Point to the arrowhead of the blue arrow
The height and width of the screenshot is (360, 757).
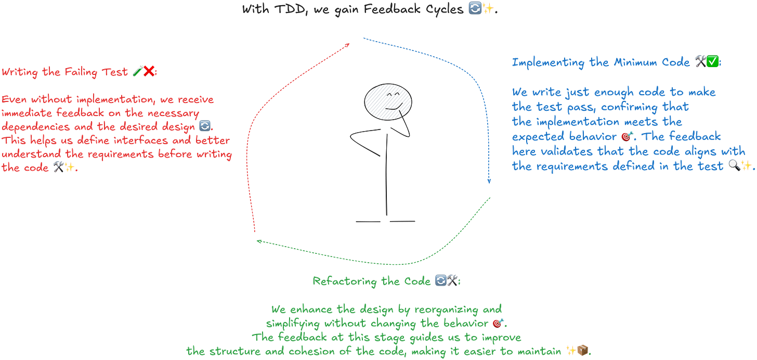488,181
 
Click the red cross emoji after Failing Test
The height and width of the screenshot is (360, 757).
151,72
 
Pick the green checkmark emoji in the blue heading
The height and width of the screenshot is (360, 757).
713,62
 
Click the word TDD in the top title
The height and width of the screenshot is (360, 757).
282,9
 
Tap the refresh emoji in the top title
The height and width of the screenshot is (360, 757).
474,9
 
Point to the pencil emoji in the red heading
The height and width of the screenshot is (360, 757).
137,72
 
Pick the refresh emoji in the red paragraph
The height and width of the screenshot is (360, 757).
205,126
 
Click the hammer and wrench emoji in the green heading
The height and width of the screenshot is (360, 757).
454,281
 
